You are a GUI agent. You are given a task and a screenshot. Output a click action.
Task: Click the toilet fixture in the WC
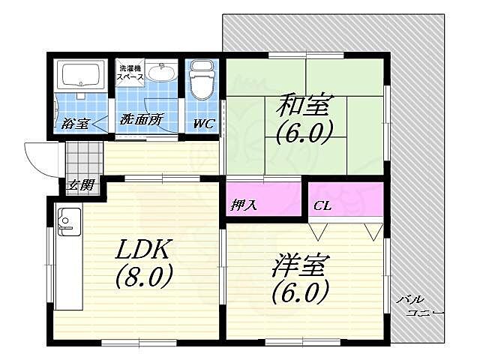click(x=202, y=82)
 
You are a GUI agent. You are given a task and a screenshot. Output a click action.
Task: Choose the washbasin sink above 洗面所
click(x=160, y=73)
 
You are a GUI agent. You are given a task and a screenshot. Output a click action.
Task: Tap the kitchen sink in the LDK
click(x=67, y=220)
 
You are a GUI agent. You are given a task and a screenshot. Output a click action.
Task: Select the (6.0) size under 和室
click(x=303, y=133)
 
